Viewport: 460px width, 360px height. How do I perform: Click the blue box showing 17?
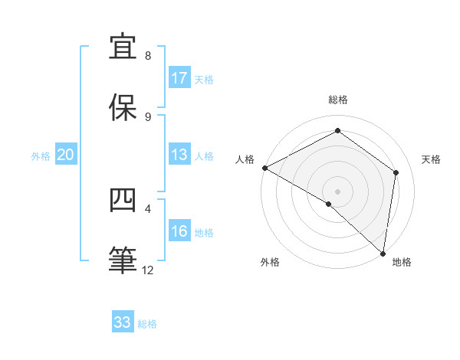pyautogui.click(x=179, y=78)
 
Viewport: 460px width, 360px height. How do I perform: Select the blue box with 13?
pyautogui.click(x=179, y=155)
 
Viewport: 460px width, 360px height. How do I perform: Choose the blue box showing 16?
pyautogui.click(x=179, y=231)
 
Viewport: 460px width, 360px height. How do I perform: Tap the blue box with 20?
pyautogui.click(x=66, y=155)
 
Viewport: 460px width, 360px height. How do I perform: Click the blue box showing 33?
pyautogui.click(x=123, y=322)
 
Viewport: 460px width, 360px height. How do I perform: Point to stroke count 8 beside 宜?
pyautogui.click(x=148, y=56)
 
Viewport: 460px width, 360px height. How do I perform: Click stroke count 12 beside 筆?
pyautogui.click(x=148, y=270)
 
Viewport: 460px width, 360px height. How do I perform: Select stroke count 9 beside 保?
pyautogui.click(x=148, y=116)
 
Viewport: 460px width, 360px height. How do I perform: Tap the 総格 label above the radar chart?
pyautogui.click(x=338, y=100)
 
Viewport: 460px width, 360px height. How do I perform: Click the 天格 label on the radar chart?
pyautogui.click(x=431, y=159)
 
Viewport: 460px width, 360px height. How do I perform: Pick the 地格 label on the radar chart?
pyautogui.click(x=402, y=262)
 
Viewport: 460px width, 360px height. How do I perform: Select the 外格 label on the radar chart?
pyautogui.click(x=270, y=262)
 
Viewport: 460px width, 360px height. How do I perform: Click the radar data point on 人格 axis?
pyautogui.click(x=264, y=168)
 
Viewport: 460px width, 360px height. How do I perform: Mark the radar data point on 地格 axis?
pyautogui.click(x=383, y=253)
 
